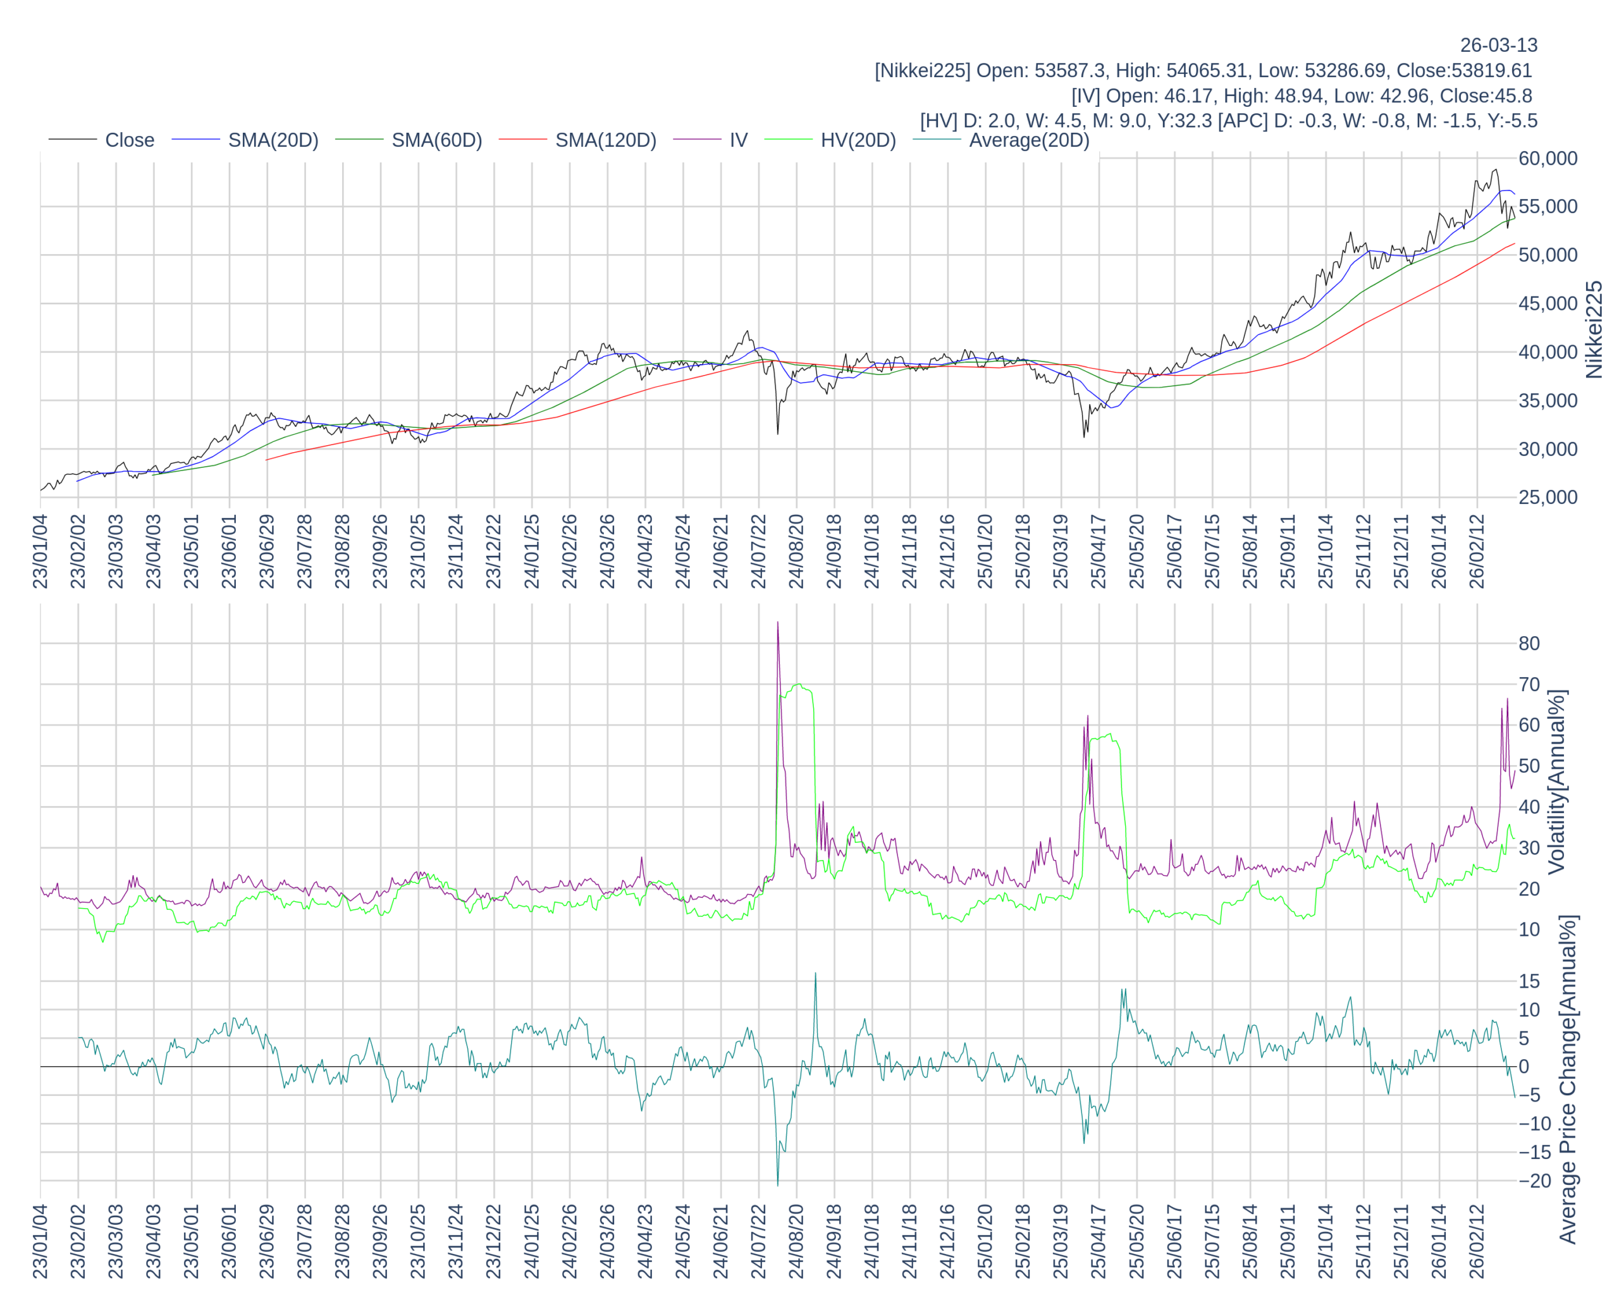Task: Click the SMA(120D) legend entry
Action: [x=605, y=140]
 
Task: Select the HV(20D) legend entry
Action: [x=858, y=140]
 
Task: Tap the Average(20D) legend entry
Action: [x=1028, y=140]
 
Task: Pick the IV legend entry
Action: [x=738, y=140]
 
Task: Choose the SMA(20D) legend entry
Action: [x=273, y=140]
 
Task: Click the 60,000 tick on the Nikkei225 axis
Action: [x=1548, y=159]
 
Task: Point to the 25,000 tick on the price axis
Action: [x=1548, y=498]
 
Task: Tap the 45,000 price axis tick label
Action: [x=1548, y=304]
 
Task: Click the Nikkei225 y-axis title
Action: [x=1594, y=329]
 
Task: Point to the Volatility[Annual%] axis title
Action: [x=1556, y=782]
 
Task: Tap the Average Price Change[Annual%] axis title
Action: [x=1568, y=1079]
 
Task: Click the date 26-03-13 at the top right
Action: [x=1498, y=45]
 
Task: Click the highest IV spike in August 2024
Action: [x=777, y=622]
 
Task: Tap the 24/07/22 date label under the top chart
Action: [x=758, y=551]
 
